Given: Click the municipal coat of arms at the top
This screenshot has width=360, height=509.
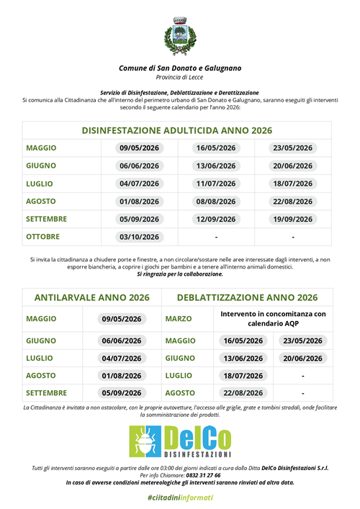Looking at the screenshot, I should (179, 37).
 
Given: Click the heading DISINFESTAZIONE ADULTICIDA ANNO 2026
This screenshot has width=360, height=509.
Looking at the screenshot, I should (177, 130).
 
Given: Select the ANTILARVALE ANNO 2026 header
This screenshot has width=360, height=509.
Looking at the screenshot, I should (91, 297).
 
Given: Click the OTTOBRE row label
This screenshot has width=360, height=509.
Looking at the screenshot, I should (42, 236).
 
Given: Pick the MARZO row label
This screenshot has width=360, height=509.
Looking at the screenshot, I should (180, 318).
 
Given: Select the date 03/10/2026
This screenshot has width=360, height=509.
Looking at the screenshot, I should (139, 237).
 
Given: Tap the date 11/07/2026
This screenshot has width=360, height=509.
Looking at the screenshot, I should (216, 184).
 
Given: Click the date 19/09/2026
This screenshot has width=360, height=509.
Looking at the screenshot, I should (293, 219).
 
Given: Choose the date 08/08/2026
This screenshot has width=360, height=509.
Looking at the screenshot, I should (216, 202).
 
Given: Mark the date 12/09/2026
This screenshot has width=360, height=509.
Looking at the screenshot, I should (216, 219).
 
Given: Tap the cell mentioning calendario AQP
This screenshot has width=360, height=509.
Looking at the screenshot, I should (273, 318).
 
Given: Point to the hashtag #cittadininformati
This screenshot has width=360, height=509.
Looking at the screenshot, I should (180, 497).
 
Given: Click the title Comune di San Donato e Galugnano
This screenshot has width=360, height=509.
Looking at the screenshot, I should (180, 68).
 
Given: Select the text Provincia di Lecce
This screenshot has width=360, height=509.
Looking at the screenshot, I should (180, 77).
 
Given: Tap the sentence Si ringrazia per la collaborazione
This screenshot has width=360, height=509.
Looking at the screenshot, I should (180, 274).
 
